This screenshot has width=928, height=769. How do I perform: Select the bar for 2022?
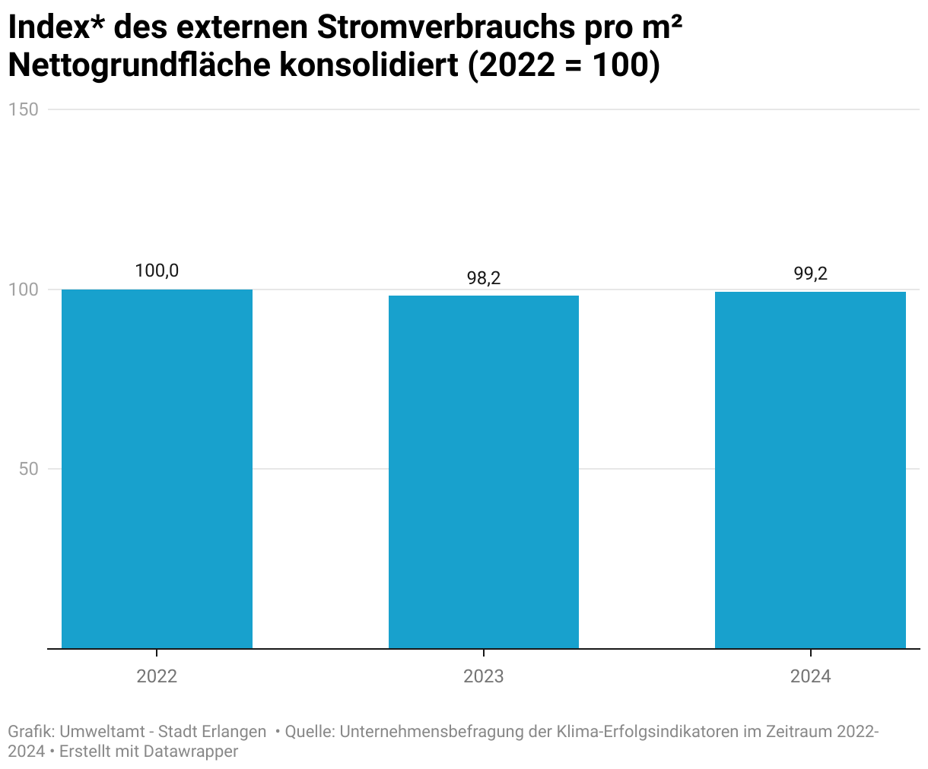[157, 469]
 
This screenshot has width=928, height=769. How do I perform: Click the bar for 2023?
[484, 472]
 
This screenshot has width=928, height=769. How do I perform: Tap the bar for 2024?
[810, 470]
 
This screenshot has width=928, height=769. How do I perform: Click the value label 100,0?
[157, 271]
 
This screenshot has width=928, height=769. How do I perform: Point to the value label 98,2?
[484, 278]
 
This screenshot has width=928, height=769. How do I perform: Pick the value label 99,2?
[810, 274]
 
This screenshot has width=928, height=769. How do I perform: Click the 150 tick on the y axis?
[23, 109]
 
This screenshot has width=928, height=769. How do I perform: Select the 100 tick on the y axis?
[23, 290]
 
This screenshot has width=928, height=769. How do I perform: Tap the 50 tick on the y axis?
[28, 469]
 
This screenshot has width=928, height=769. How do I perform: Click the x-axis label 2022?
[157, 676]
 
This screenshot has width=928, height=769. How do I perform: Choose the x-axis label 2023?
[484, 676]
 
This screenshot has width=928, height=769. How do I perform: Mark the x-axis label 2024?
[810, 676]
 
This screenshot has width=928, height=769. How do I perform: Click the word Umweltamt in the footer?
[101, 732]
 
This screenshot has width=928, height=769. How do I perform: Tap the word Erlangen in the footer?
[234, 732]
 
